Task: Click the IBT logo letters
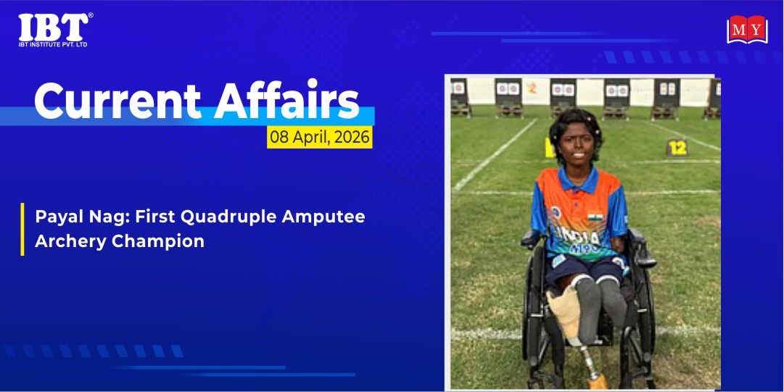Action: pyautogui.click(x=54, y=28)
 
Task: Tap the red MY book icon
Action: pyautogui.click(x=747, y=30)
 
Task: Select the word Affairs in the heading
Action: pyautogui.click(x=286, y=99)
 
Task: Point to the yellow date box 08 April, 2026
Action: pyautogui.click(x=320, y=137)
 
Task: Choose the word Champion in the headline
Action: pyautogui.click(x=158, y=242)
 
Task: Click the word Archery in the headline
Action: pyautogui.click(x=70, y=242)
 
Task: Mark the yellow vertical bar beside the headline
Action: pyautogui.click(x=22, y=229)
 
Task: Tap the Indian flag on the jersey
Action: pyautogui.click(x=595, y=217)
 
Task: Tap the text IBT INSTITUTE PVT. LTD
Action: pyautogui.click(x=53, y=45)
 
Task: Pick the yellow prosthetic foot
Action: pyautogui.click(x=598, y=383)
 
